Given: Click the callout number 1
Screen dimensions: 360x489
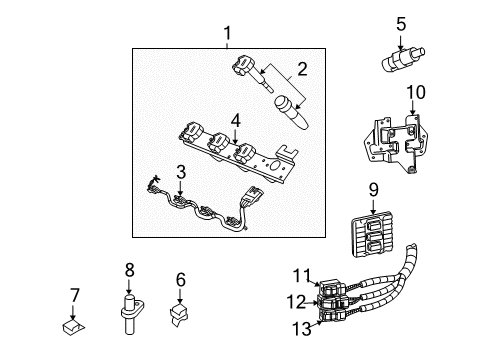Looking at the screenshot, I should click(227, 36).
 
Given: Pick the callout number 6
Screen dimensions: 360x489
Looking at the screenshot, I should click(181, 280).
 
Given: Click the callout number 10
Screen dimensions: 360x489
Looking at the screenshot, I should click(417, 93).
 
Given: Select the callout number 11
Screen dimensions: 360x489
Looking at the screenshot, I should click(303, 275).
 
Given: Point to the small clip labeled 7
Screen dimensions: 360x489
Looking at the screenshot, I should click(73, 324).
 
